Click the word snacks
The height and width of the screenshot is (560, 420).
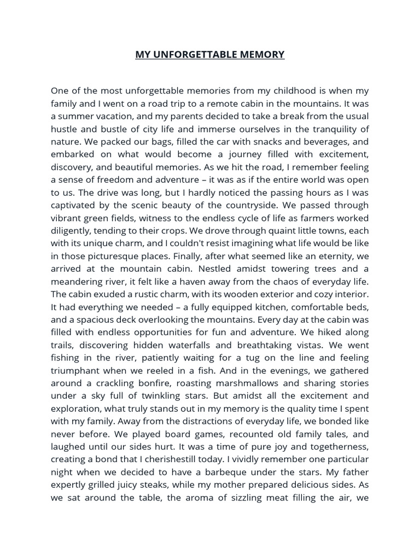238,142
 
